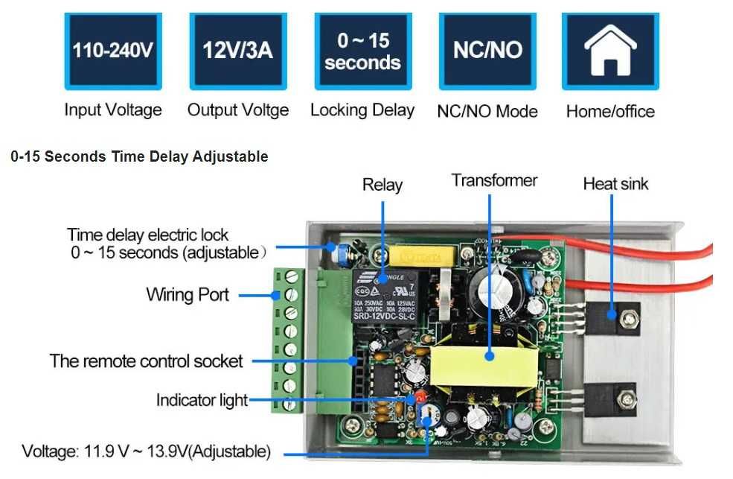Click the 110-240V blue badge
point(112,50)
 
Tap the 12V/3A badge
point(237,50)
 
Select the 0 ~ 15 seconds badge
point(362,50)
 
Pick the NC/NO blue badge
point(487,50)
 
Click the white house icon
point(610,50)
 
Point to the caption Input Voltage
point(112,110)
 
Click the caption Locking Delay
point(362,110)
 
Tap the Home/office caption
point(610,112)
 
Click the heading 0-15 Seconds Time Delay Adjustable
point(139,156)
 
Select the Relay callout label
point(382,185)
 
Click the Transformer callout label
point(494,180)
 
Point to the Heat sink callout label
point(615,183)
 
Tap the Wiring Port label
point(188,294)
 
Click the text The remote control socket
point(146,361)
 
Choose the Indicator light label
point(202,400)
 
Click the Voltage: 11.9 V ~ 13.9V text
point(146,451)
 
